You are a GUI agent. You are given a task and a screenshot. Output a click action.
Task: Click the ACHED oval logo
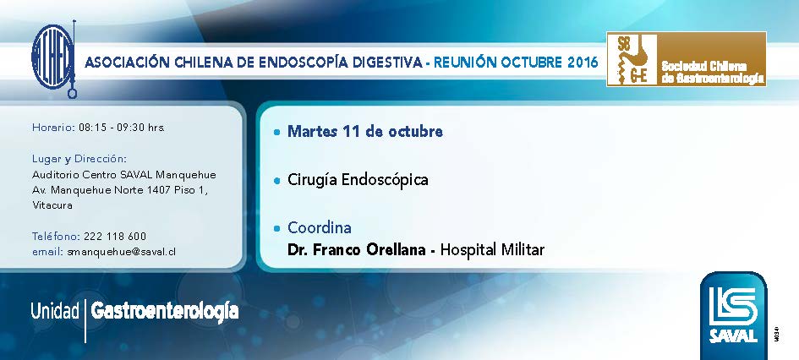point(53,57)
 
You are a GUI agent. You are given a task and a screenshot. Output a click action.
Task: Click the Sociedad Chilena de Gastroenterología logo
point(686,59)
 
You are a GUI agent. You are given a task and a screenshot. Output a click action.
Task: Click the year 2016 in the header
point(582,63)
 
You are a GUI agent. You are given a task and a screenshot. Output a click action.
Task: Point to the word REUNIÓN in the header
point(465,63)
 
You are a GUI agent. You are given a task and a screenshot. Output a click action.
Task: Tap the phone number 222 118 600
point(115,237)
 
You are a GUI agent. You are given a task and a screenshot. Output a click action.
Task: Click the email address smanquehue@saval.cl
point(121,252)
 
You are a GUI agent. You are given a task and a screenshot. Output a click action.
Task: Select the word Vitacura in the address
point(52,205)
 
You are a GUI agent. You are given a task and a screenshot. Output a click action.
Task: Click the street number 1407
point(159,190)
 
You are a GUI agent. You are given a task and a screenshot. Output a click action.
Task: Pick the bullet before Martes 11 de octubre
point(276,133)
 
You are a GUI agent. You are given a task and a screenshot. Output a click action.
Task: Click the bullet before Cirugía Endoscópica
point(276,180)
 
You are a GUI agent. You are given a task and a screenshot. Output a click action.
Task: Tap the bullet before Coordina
point(276,228)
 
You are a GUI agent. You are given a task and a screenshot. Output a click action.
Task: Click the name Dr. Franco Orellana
point(357,250)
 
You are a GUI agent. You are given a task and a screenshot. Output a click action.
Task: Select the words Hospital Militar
point(492,250)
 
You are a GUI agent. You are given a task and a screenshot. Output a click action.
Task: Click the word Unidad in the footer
point(55,311)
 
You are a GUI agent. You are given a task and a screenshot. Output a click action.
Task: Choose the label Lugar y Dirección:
point(79,158)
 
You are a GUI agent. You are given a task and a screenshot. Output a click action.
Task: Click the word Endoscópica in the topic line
point(385,180)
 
